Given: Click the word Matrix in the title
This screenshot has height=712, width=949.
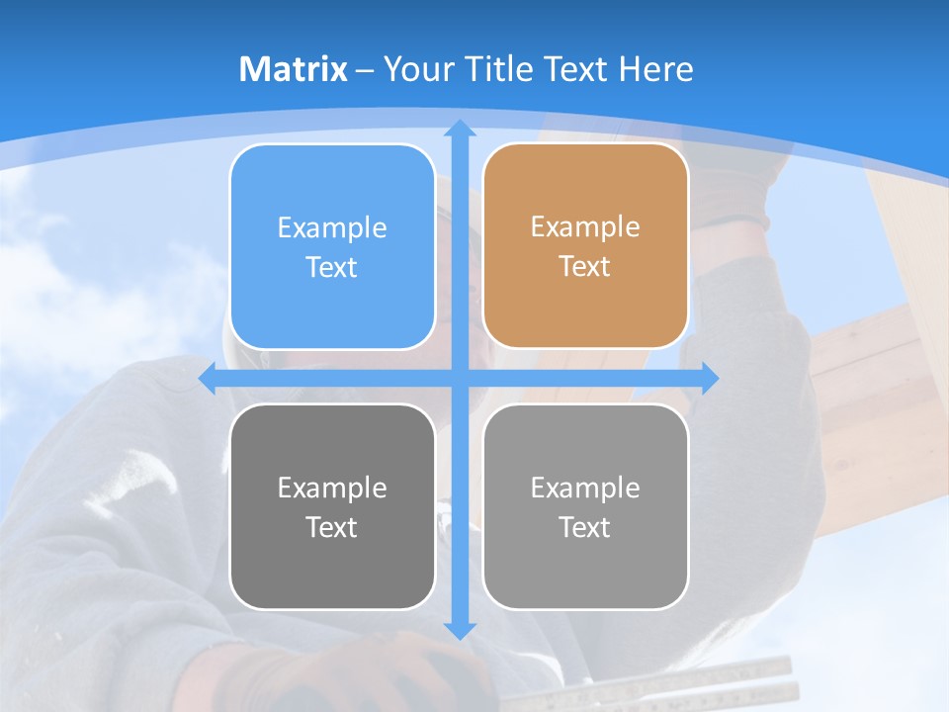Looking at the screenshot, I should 293,69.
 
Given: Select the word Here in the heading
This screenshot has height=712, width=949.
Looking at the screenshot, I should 655,69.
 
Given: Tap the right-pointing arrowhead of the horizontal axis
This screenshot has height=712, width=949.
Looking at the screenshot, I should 710,378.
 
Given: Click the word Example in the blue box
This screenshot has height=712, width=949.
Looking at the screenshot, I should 332,228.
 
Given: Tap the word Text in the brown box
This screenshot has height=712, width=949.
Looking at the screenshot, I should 585,267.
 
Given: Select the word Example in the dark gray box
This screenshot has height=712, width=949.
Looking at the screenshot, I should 332,488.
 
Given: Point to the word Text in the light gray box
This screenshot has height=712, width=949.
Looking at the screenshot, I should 585,527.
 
